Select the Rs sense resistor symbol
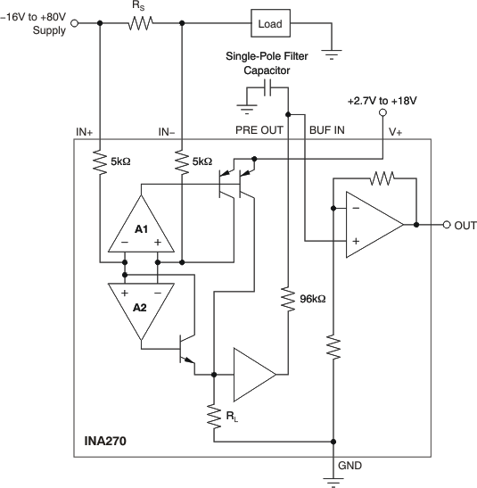(140, 24)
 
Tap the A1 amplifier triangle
(140, 225)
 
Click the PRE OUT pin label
(259, 130)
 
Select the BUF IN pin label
(326, 130)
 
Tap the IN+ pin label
(85, 131)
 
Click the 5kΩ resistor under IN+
(97, 162)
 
